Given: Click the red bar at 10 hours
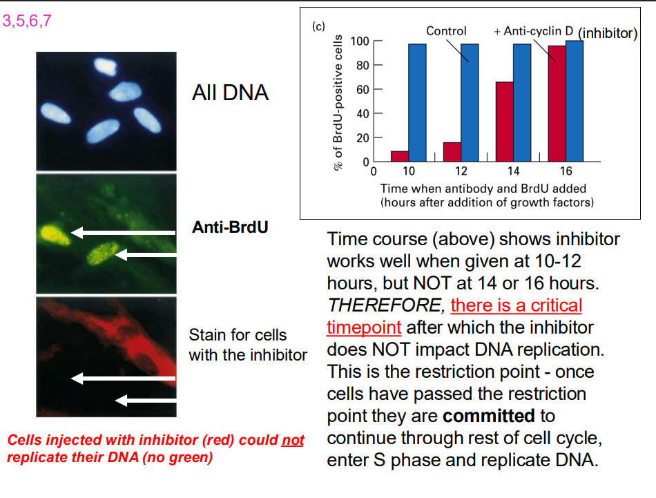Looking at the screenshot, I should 400,155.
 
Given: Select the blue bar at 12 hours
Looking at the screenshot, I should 470,102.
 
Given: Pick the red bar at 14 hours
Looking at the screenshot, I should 505,121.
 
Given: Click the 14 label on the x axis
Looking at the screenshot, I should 513,171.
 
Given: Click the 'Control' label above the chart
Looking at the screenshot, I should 446,31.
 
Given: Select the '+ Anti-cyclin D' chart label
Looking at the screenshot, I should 534,31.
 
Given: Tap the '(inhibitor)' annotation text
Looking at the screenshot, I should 608,33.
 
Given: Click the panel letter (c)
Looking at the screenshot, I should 318,27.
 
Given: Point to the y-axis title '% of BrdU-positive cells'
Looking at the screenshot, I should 338,103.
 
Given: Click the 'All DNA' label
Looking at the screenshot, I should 230,93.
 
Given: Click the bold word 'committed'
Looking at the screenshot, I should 489,416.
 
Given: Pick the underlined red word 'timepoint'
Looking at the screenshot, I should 364,327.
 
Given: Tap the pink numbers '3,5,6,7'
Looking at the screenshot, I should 28,21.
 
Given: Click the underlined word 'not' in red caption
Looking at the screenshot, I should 293,440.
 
